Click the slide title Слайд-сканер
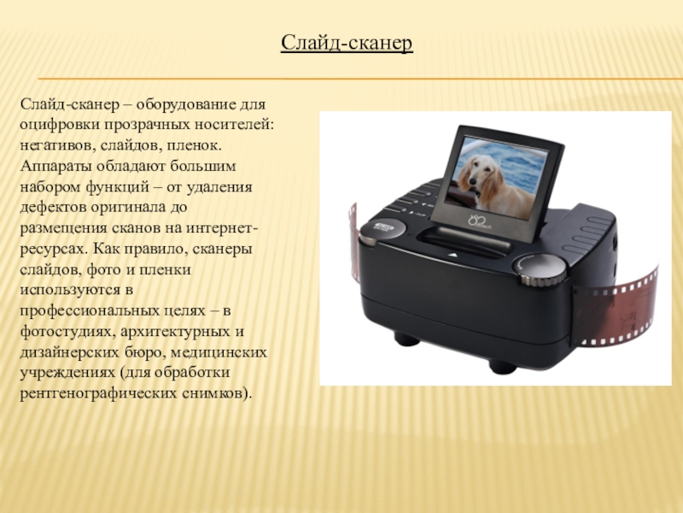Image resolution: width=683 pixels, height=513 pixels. (347, 44)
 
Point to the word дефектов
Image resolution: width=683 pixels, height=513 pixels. (53, 207)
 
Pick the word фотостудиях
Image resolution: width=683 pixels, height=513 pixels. (67, 331)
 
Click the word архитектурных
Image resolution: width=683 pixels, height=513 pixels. (175, 332)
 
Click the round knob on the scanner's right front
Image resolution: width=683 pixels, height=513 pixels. (540, 268)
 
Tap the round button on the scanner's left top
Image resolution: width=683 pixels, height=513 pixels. (382, 230)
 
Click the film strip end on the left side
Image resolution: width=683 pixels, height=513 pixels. (353, 242)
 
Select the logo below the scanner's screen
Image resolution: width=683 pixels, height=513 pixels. (479, 222)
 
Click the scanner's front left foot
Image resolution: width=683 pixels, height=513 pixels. (407, 338)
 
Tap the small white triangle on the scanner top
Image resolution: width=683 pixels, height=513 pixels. (453, 255)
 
